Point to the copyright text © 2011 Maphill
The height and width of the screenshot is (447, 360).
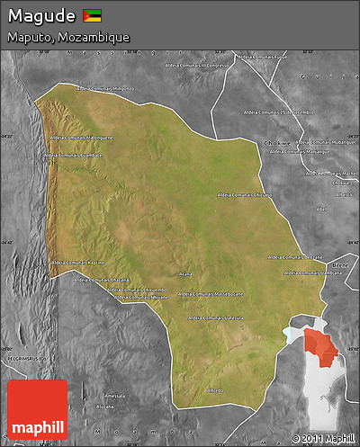point(323,438)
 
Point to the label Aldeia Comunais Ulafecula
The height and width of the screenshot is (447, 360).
point(216,318)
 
